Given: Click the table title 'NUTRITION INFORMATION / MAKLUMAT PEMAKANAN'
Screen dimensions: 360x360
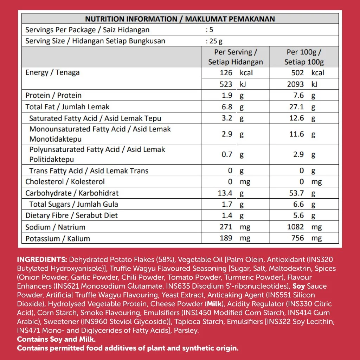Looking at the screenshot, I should pyautogui.click(x=180, y=19).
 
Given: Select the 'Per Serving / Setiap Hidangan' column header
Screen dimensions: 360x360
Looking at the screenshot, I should pyautogui.click(x=236, y=57).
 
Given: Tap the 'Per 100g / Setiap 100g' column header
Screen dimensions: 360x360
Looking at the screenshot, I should pyautogui.click(x=304, y=57).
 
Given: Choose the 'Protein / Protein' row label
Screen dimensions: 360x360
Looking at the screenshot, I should pyautogui.click(x=53, y=95).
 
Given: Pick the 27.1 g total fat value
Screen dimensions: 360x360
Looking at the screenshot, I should pyautogui.click(x=302, y=107).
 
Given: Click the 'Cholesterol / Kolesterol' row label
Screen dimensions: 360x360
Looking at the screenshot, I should pyautogui.click(x=65, y=182).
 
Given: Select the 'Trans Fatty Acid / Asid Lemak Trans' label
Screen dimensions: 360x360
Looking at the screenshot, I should pyautogui.click(x=89, y=171).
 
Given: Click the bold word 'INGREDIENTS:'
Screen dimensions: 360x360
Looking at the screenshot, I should pyautogui.click(x=42, y=260).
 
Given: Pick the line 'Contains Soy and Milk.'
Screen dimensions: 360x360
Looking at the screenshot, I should pyautogui.click(x=56, y=340).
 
